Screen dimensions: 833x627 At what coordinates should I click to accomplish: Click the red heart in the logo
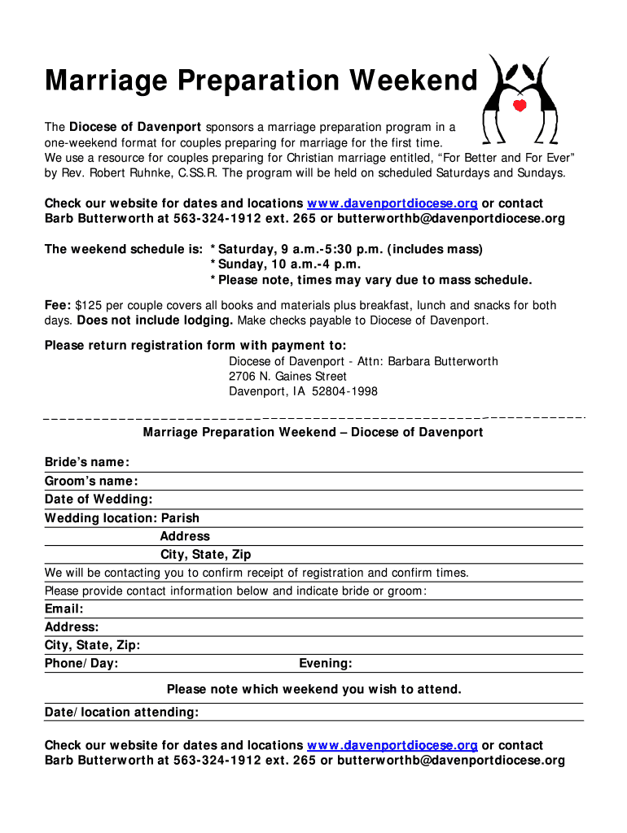520,106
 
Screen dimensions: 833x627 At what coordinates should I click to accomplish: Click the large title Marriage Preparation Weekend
261,81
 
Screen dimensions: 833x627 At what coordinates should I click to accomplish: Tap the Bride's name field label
86,463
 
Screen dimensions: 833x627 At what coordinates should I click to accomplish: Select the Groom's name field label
91,482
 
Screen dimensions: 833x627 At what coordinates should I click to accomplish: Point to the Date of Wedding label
99,499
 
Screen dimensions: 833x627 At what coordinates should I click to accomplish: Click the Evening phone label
326,664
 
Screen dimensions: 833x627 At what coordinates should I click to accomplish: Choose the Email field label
64,608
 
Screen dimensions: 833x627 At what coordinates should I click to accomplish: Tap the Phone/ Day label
81,664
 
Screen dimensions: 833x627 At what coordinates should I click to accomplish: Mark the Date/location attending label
121,713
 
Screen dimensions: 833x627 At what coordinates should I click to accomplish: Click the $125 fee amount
89,306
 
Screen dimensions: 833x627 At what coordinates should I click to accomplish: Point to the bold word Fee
58,306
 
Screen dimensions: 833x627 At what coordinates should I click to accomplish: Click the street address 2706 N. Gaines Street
287,377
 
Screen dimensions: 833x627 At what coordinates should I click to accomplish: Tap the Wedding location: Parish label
122,518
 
